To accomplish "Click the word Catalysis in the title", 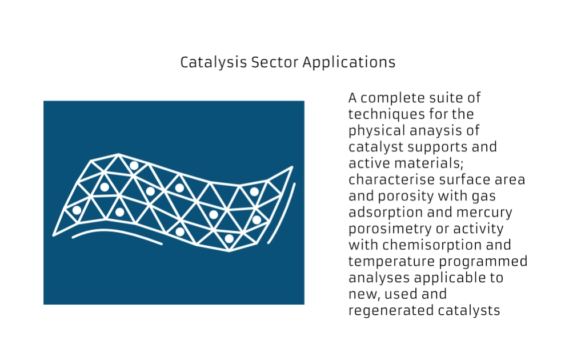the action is [214, 63].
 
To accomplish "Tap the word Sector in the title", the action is [275, 62].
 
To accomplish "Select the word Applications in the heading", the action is [349, 63].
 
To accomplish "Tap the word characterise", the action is [396, 179].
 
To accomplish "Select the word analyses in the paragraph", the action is [379, 278].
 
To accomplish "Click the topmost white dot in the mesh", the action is [134, 166].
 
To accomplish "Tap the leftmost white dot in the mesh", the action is [77, 210].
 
